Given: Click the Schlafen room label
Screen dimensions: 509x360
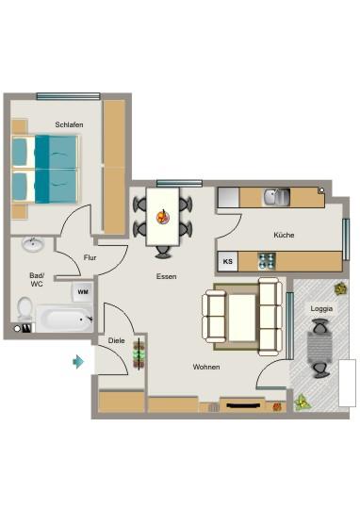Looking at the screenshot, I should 69,124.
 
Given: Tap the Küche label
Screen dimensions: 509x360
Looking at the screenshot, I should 284,235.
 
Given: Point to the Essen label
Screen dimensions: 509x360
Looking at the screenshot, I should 167,276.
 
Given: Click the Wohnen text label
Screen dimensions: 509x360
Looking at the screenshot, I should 206,367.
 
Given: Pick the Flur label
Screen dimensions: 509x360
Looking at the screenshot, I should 90,256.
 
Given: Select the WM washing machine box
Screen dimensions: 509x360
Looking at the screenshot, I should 82,293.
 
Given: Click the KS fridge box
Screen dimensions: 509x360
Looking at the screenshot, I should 227,261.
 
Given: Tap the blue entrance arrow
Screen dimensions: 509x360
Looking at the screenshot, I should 78,360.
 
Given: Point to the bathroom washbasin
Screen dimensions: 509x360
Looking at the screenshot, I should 33,244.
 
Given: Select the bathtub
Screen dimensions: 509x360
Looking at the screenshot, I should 64,318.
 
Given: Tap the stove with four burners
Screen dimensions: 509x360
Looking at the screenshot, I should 267,260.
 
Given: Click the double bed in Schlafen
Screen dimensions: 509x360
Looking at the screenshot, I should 44,166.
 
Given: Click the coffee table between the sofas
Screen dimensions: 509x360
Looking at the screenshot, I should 243,314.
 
